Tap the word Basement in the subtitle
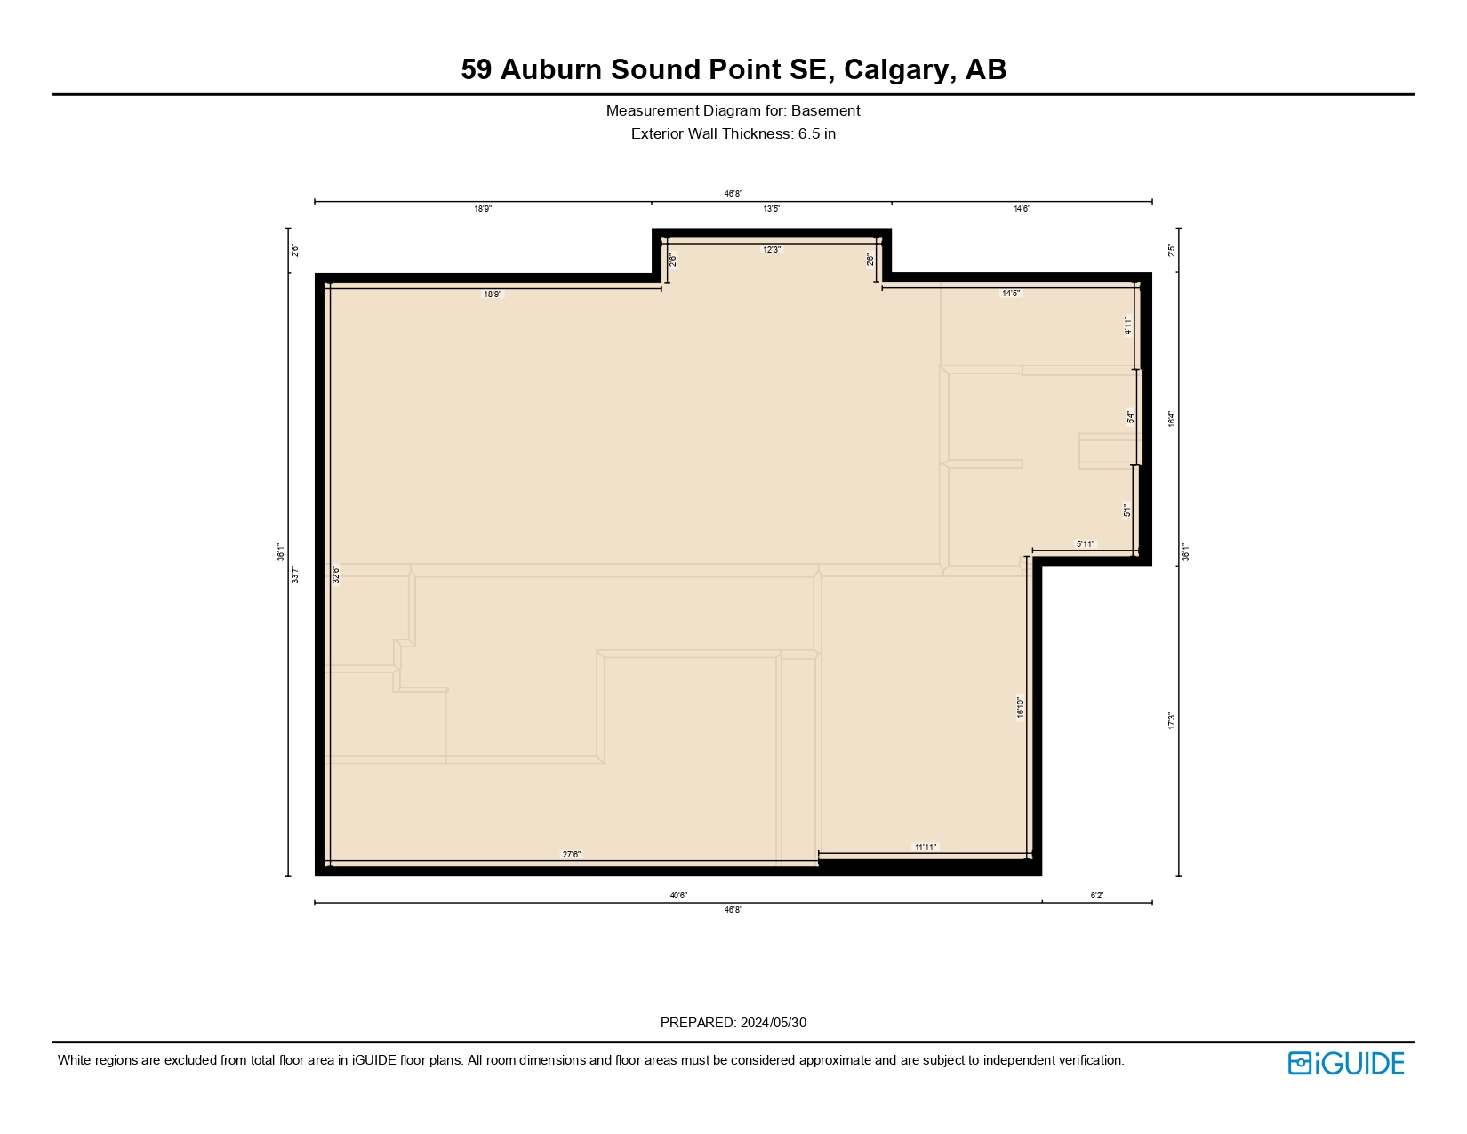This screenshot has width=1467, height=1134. point(825,111)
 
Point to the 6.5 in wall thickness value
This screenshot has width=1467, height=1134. point(816,134)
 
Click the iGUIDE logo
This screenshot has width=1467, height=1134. point(1345,1063)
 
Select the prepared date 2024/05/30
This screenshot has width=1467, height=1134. point(773,1023)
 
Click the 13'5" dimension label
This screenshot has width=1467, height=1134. point(771,209)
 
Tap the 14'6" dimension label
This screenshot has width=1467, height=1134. point(1022,209)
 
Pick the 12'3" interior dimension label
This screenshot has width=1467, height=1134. point(771,250)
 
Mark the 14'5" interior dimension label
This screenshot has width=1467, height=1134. point(1011,293)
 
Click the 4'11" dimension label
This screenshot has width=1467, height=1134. point(1127,326)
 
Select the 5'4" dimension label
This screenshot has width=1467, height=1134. point(1130,416)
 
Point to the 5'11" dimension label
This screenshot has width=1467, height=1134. point(1086,543)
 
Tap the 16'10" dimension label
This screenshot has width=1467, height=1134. point(1021,707)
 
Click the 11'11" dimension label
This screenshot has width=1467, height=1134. point(926,848)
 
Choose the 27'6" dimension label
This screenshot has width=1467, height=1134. point(571,855)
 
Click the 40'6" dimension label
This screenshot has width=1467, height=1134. point(678,896)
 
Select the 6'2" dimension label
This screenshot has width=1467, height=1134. point(1096,896)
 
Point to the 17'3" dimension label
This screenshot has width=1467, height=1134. point(1172,721)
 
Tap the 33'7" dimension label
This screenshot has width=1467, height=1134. point(295,575)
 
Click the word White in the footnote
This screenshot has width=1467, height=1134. point(75,1060)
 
